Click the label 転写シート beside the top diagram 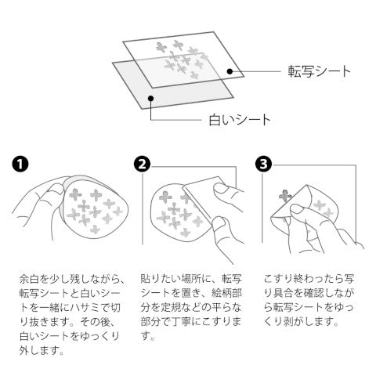coord(319,71)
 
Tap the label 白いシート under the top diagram coord(240,120)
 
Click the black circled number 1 coord(20,164)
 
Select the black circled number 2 coord(142,164)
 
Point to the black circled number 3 coord(263,164)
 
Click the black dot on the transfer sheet coord(230,71)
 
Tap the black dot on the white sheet coord(150,98)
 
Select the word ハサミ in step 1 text coord(84,308)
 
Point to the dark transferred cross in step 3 coord(285,195)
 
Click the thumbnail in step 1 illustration coord(58,189)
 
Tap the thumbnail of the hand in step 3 coord(297,208)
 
